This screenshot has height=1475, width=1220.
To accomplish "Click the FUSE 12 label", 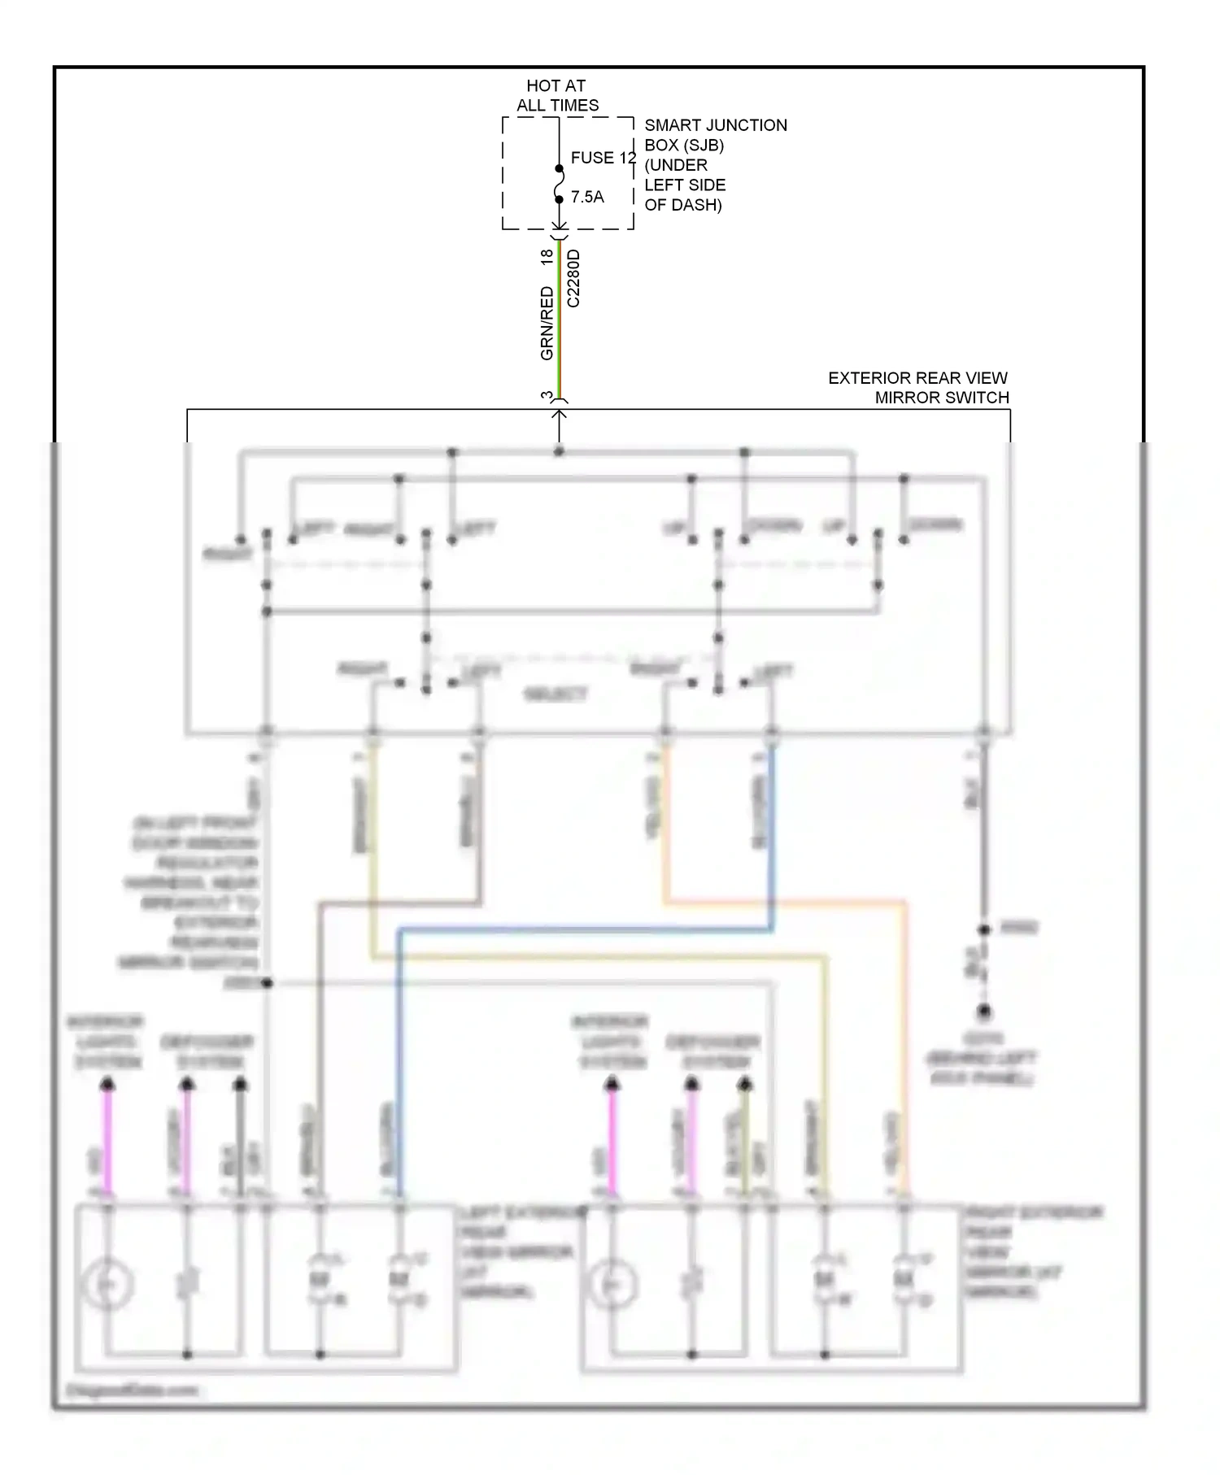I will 603,158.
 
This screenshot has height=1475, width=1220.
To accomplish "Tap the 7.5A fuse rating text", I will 587,197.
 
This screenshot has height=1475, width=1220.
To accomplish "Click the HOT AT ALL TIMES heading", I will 557,95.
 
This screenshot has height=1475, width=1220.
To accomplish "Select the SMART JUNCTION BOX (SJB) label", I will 716,135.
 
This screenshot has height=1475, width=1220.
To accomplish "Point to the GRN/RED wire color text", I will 547,324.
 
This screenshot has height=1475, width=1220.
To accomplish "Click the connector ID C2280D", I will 573,278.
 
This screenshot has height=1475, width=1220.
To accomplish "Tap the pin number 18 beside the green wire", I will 547,255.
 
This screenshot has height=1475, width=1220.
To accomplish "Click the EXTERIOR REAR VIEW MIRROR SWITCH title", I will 918,388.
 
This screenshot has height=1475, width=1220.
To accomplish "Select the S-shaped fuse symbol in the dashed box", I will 559,185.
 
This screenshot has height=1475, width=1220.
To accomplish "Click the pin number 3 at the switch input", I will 547,396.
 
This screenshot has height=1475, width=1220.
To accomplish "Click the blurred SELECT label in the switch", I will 556,694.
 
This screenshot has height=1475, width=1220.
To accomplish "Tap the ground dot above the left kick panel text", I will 984,1012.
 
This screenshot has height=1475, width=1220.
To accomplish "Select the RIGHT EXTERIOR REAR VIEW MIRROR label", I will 1031,1252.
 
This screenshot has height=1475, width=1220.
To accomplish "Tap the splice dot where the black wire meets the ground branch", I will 984,929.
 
